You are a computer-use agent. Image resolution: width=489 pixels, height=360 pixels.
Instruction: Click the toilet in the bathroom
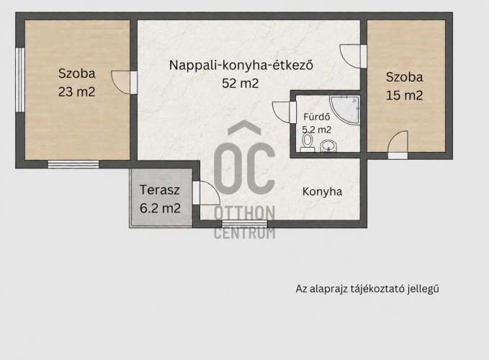(x=308, y=143)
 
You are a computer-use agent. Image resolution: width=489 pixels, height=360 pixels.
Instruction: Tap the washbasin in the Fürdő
(x=328, y=145)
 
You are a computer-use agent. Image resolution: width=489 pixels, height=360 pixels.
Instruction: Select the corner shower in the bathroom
(x=345, y=110)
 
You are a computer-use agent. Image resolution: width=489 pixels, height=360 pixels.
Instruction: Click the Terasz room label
(x=159, y=190)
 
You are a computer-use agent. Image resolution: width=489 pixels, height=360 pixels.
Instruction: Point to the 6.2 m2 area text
(x=160, y=208)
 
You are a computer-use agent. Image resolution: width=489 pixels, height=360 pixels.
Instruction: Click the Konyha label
(x=322, y=192)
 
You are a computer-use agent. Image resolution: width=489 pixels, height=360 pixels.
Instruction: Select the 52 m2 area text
(x=240, y=84)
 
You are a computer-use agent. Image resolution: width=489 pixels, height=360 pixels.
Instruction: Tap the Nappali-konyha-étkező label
(x=241, y=66)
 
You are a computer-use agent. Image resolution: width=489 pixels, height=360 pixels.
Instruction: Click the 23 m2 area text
(x=77, y=92)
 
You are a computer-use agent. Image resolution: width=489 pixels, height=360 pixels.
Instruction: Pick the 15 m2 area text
(x=404, y=95)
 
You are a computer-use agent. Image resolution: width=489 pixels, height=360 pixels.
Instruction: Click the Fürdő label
(x=317, y=117)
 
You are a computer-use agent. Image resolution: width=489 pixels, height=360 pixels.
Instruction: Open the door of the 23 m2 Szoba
(x=124, y=83)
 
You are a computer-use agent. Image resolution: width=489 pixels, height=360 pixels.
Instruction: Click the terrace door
(x=206, y=193)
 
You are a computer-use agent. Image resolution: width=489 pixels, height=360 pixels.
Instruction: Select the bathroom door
(x=284, y=112)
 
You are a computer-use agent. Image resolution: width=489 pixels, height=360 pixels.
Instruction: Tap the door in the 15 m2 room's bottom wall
(x=398, y=145)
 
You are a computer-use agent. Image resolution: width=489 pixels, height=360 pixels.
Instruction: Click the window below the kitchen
(x=245, y=223)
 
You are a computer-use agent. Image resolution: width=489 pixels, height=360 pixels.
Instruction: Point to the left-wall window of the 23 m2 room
(x=20, y=80)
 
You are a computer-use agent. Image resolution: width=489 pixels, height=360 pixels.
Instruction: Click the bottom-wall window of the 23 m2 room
(x=73, y=164)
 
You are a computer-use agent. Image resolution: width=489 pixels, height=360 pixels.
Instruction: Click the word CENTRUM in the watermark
(x=245, y=233)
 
